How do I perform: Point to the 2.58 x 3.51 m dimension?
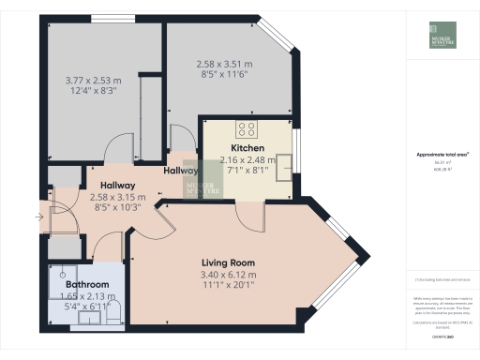225,64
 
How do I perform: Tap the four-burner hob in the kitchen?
248,129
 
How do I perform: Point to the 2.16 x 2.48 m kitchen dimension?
247,159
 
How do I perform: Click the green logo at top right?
443,35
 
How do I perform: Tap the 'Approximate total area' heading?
442,155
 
